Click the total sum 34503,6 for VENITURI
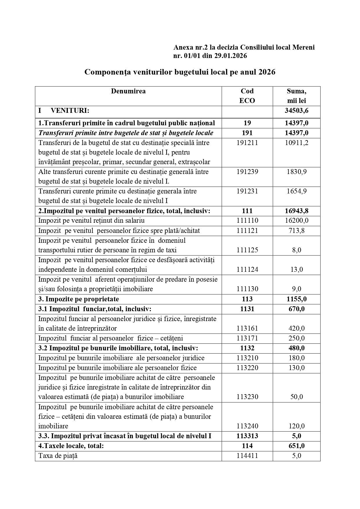coord(296,111)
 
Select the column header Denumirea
coord(128,91)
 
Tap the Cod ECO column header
coord(247,96)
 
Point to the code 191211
coord(247,143)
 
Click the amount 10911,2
coord(296,143)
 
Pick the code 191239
coord(247,172)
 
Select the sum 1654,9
coord(296,191)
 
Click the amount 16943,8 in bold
coord(296,211)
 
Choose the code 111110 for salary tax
coord(247,220)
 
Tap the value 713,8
coord(296,231)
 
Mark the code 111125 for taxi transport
coord(247,250)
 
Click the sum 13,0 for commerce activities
coord(296,269)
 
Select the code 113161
coord(247,328)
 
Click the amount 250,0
coord(296,338)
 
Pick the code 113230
coord(247,397)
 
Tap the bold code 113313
coord(247,436)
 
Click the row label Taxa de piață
coord(58,456)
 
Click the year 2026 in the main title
coord(266,72)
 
